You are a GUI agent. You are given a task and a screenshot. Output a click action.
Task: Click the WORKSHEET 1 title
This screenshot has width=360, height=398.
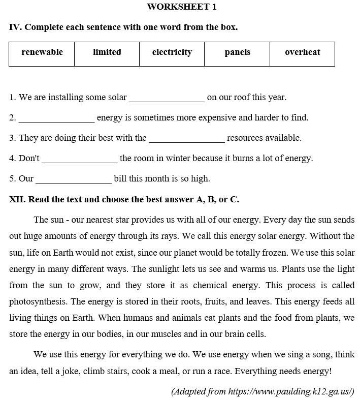pyautogui.click(x=181, y=7)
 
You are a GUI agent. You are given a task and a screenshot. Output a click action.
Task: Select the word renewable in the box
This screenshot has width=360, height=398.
pyautogui.click(x=42, y=52)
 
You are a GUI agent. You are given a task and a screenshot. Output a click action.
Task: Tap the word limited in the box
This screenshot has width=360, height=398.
pyautogui.click(x=107, y=52)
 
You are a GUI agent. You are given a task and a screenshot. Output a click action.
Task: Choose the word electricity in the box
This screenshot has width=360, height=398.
pyautogui.click(x=172, y=52)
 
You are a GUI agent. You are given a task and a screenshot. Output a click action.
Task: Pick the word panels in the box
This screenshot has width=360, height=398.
pyautogui.click(x=238, y=52)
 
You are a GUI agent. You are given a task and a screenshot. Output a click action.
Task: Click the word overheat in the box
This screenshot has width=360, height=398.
pyautogui.click(x=303, y=52)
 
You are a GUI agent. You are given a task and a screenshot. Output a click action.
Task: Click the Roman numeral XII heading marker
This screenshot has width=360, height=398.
pyautogui.click(x=17, y=199)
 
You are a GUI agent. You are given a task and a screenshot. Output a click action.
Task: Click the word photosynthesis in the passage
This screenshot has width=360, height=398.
pyautogui.click(x=38, y=301)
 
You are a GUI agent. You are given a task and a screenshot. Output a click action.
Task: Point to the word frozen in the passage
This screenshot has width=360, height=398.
pyautogui.click(x=276, y=252)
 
